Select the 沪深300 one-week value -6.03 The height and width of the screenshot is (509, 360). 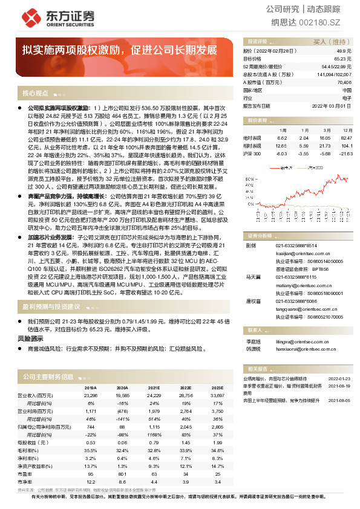tap(281, 154)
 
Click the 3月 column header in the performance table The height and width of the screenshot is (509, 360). tap(326, 129)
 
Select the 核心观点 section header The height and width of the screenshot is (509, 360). tap(35, 93)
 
